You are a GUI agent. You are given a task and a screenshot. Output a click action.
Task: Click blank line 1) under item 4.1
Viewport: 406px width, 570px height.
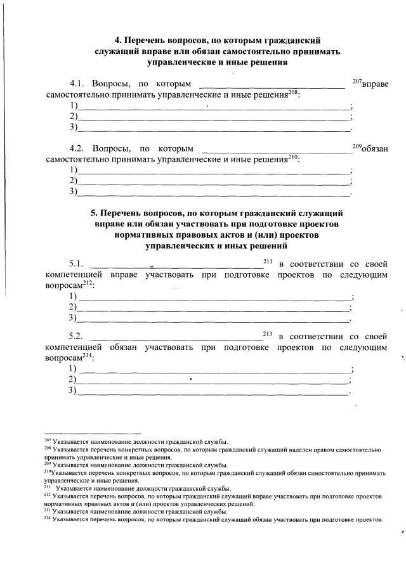pyautogui.click(x=213, y=107)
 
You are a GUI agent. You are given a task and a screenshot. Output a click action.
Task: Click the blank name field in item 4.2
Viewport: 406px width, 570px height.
pyautogui.click(x=276, y=150)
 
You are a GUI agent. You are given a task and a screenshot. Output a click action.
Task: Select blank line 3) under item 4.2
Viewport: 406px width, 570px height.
pyautogui.click(x=213, y=191)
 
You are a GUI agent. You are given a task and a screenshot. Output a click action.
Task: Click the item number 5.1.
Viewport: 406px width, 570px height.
pyautogui.click(x=77, y=263)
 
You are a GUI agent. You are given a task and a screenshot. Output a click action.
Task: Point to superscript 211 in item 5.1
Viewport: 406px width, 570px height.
pyautogui.click(x=266, y=261)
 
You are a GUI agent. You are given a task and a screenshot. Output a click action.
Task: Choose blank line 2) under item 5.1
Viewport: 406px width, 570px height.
pyautogui.click(x=213, y=308)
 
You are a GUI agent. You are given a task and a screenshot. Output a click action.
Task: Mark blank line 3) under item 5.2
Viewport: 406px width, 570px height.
pyautogui.click(x=213, y=391)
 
